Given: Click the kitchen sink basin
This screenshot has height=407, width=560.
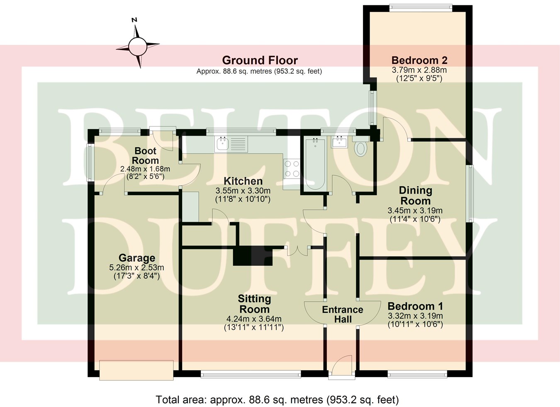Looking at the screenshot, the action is (x=222, y=144).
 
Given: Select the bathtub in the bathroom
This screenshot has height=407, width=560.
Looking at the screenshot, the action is (x=315, y=164).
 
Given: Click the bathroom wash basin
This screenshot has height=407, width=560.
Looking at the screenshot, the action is (x=339, y=143).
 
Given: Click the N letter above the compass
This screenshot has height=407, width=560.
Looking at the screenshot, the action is (x=134, y=20).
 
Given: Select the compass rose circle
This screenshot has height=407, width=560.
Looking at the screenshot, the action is (x=137, y=46).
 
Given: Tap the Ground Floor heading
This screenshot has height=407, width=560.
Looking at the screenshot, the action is (x=260, y=61).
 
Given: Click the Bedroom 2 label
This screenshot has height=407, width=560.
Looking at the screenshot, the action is (x=419, y=60).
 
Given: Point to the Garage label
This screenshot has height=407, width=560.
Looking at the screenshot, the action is (x=137, y=258).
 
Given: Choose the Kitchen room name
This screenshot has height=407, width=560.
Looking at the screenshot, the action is (x=243, y=181).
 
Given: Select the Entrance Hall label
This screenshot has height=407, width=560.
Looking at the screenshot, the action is (x=343, y=314).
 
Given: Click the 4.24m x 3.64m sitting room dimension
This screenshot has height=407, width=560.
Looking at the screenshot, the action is (x=254, y=319).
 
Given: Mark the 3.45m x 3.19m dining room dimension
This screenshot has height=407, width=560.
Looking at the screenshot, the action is (x=415, y=211).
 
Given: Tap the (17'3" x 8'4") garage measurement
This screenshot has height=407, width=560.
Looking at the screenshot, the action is (x=137, y=276).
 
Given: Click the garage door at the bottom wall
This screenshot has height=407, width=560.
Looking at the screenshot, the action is (x=136, y=370).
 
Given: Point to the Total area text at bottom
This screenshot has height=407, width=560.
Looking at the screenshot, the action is (x=277, y=400).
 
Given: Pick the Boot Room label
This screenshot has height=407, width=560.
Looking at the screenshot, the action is (x=145, y=155).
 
